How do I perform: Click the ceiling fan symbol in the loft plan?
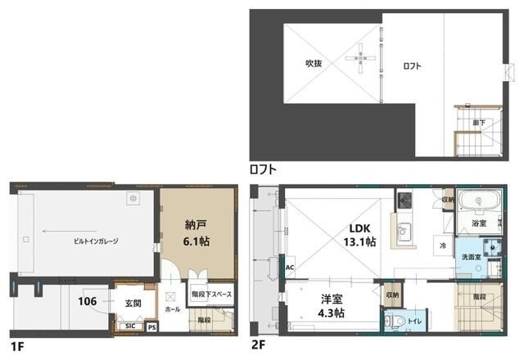click(x=361, y=57)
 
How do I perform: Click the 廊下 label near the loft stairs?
click(x=478, y=122)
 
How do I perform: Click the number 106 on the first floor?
click(x=88, y=301)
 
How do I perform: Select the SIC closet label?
click(x=129, y=326)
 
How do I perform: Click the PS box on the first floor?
click(x=151, y=326)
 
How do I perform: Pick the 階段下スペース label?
click(x=211, y=294)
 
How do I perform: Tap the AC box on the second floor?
click(x=290, y=268)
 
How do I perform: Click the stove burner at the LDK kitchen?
click(x=404, y=199)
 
